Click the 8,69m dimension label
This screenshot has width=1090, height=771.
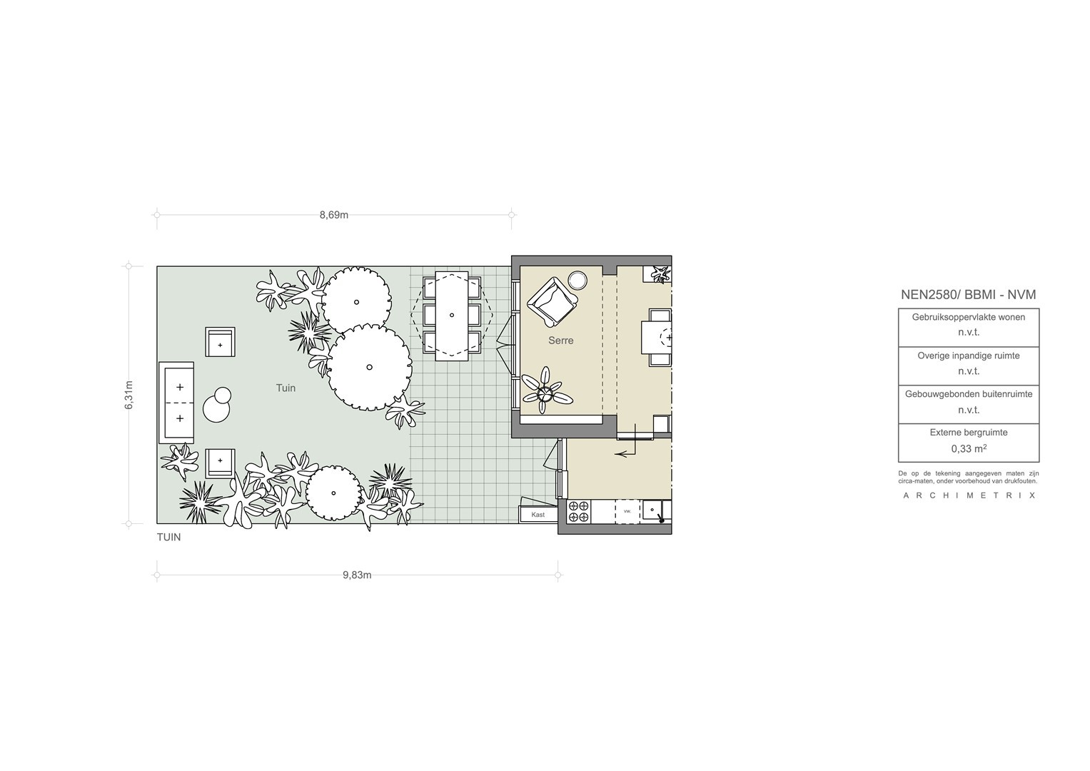point(334,215)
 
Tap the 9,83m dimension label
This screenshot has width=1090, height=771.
point(357,575)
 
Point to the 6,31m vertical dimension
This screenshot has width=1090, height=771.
point(129,395)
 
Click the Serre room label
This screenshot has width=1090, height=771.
point(560,341)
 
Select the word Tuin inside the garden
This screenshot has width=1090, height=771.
point(286,388)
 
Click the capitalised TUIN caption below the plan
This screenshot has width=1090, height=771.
point(169,538)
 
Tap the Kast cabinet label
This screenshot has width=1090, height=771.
point(538,515)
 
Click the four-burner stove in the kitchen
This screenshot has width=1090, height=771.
point(579,512)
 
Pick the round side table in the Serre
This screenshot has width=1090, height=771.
point(577,281)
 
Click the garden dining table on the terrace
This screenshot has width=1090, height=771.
point(452,316)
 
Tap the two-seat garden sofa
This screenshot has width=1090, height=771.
point(176,403)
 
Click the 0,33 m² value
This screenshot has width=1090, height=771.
point(969,448)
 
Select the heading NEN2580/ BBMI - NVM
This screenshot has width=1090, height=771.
point(969,294)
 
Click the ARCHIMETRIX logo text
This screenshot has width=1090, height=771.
point(969,495)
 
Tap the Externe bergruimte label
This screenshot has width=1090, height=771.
point(969,432)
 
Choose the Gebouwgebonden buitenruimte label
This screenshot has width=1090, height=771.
point(969,394)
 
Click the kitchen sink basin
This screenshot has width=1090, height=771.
point(652,510)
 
